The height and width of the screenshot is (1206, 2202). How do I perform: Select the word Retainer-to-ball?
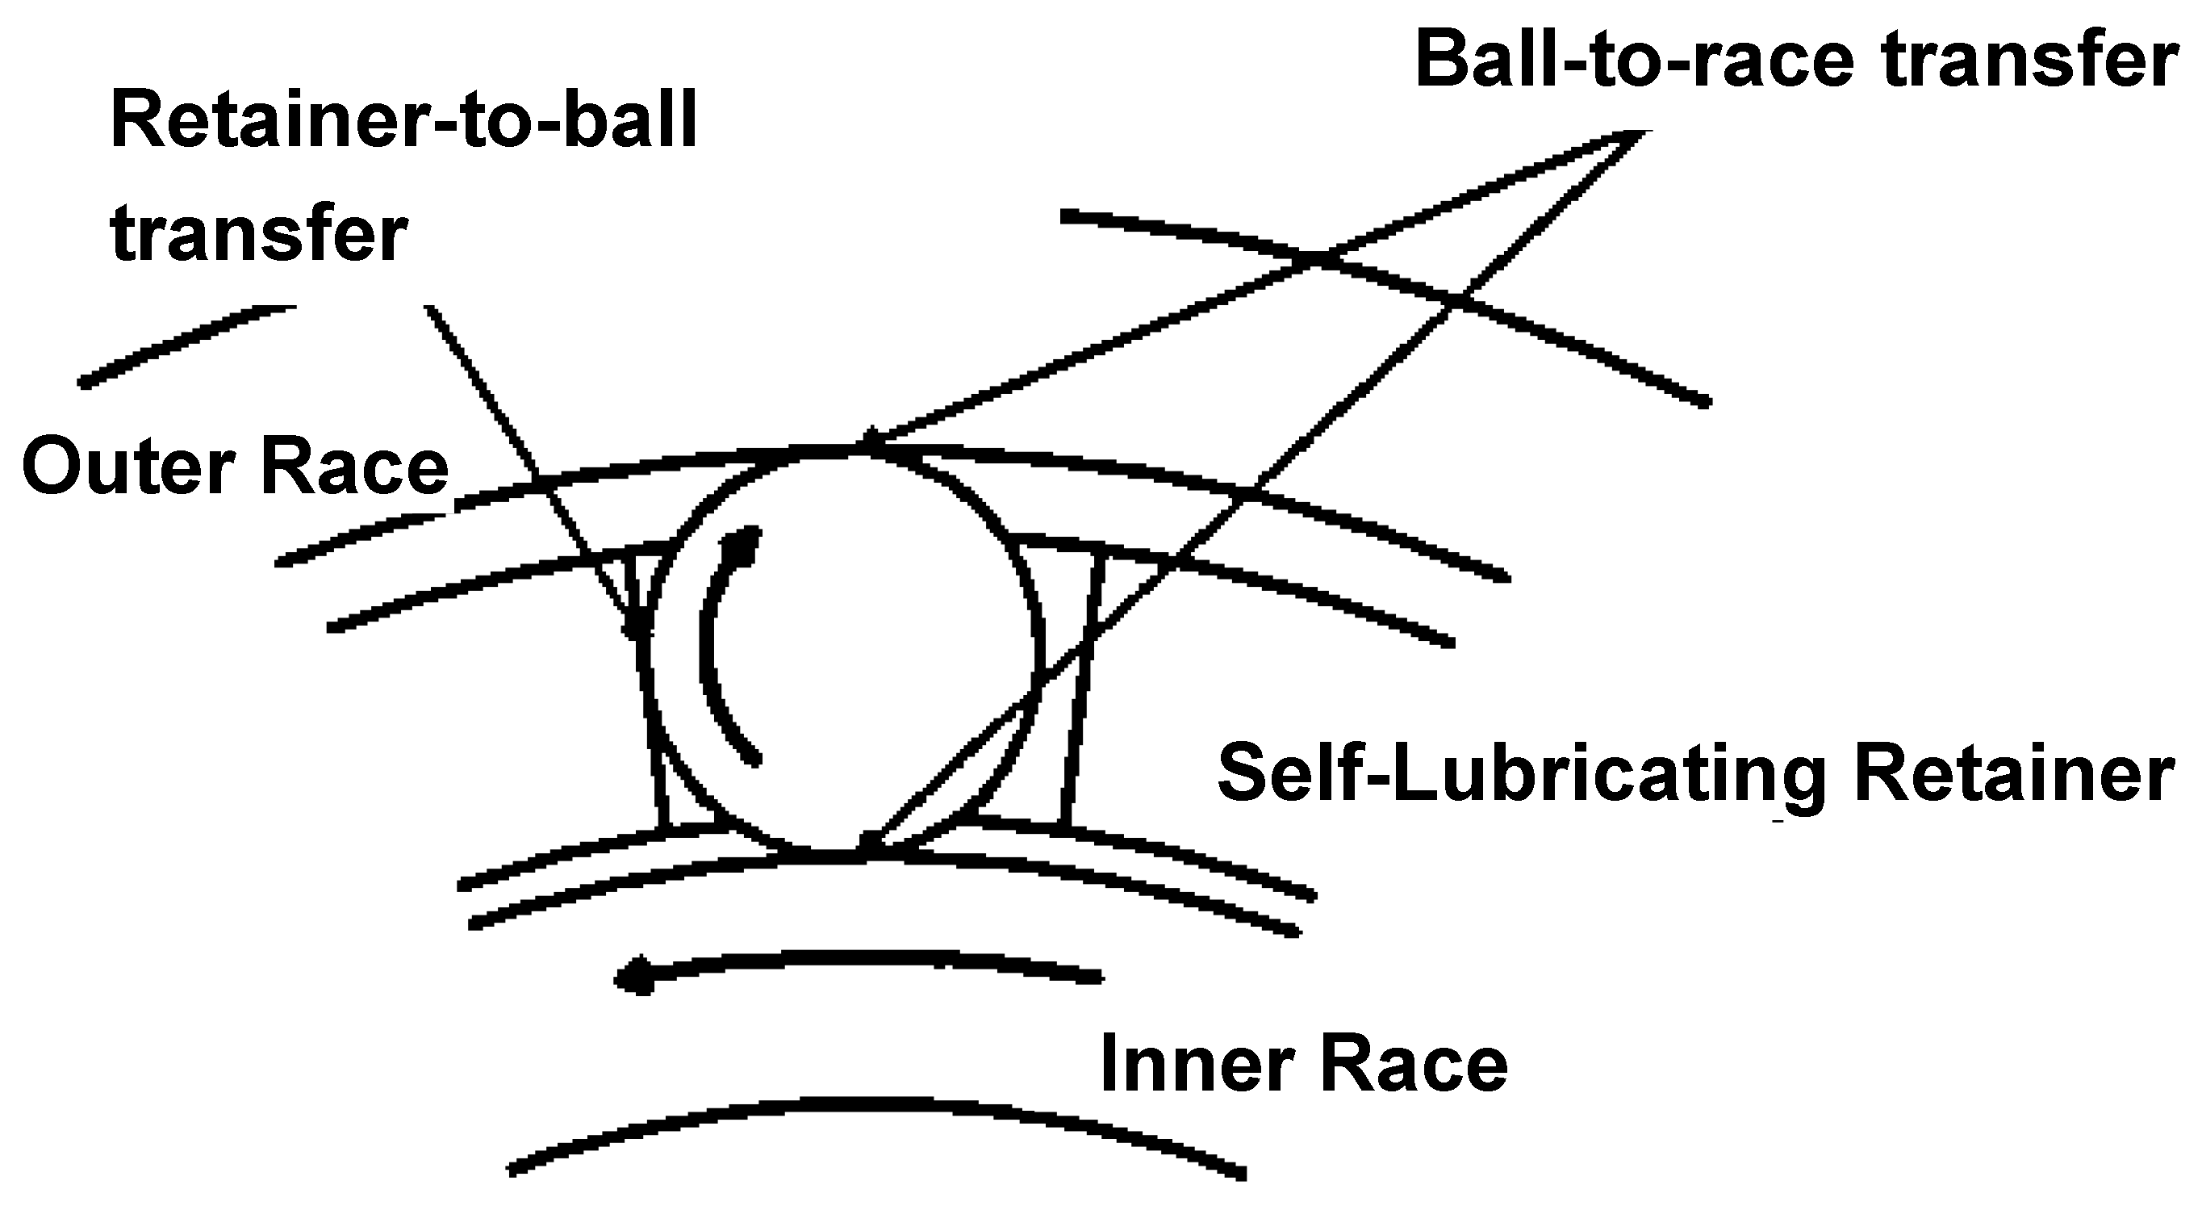tap(403, 121)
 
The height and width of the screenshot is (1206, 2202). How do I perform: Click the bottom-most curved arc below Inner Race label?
tap(872, 1105)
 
